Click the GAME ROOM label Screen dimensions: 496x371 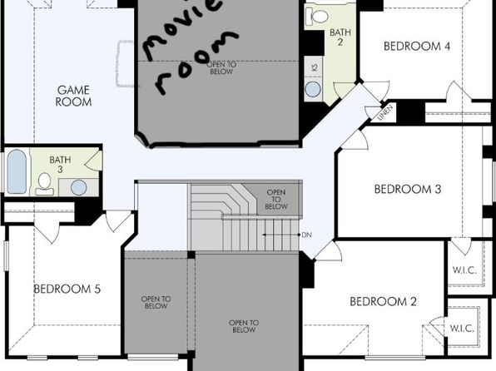pyautogui.click(x=74, y=96)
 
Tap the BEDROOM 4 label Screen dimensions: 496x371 pyautogui.click(x=417, y=47)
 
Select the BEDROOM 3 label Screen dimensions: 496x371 pyautogui.click(x=408, y=189)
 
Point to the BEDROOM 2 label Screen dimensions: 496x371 pyautogui.click(x=383, y=301)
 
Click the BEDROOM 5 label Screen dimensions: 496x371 pyautogui.click(x=67, y=289)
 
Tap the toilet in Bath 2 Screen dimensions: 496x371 pyautogui.click(x=317, y=16)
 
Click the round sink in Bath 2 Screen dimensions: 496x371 pyautogui.click(x=313, y=90)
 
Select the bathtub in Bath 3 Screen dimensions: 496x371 pyautogui.click(x=17, y=171)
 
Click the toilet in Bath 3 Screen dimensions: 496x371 pyautogui.click(x=45, y=184)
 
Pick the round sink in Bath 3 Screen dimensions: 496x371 pyautogui.click(x=79, y=187)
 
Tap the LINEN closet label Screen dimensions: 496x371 pyautogui.click(x=385, y=112)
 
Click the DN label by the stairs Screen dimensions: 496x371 pyautogui.click(x=306, y=235)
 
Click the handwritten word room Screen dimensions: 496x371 pyautogui.click(x=196, y=62)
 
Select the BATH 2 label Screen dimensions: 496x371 pyautogui.click(x=340, y=37)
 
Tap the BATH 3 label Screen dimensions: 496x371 pyautogui.click(x=60, y=165)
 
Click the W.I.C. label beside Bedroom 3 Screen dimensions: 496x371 pyautogui.click(x=464, y=270)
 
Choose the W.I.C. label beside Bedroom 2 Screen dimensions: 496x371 pyautogui.click(x=462, y=329)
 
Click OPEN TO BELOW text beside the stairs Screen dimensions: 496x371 pyautogui.click(x=276, y=200)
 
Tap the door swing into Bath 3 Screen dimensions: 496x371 pyautogui.click(x=93, y=161)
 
